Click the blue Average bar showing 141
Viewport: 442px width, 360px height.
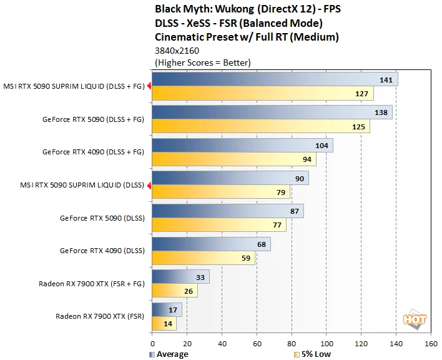(275, 79)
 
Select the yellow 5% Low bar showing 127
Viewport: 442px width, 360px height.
(263, 93)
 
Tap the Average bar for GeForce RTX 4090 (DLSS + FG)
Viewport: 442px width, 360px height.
(242, 145)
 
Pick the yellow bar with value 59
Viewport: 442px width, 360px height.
(204, 258)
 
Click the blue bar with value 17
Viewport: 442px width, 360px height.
(167, 310)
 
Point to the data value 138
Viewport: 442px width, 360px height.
(381, 112)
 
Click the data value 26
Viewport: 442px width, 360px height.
(189, 291)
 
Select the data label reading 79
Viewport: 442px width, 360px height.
(281, 192)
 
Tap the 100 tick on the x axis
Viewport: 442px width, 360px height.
(327, 344)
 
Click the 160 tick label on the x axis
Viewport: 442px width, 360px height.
(431, 344)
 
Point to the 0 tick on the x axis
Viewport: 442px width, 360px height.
(152, 344)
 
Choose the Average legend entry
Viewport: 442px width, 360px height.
(169, 354)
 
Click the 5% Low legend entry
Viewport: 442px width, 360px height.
(312, 354)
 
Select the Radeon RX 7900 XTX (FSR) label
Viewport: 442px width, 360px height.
(100, 316)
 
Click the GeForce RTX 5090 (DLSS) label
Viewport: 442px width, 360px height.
(102, 218)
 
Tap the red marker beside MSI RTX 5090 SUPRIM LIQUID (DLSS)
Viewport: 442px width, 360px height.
(149, 186)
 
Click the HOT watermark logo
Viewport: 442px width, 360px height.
(415, 319)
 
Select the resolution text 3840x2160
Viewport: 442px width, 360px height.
(177, 51)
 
